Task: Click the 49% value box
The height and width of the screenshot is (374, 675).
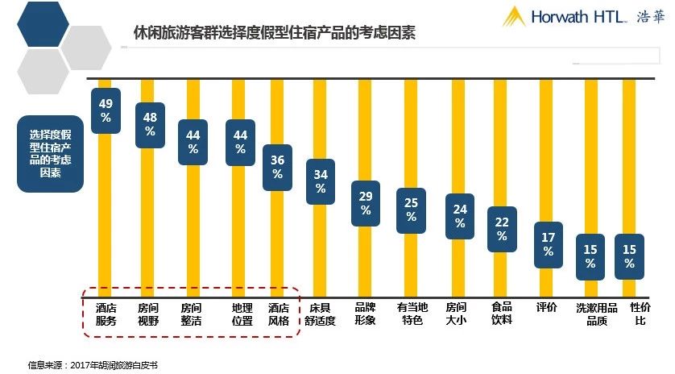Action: tap(106, 110)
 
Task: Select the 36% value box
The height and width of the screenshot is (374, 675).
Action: tap(278, 167)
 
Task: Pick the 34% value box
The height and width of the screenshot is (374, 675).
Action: tap(321, 181)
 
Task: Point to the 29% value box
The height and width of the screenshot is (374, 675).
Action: tap(366, 203)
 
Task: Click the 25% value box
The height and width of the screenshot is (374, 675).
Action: tap(411, 210)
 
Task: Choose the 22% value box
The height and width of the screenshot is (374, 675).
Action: tap(502, 229)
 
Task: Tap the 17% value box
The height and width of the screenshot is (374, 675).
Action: tap(549, 244)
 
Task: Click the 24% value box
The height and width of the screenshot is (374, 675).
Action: tap(460, 217)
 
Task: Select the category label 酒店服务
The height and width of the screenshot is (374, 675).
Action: tap(106, 314)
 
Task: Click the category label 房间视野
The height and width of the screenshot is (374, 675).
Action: tap(148, 314)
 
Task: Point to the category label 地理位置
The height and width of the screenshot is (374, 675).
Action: tap(241, 314)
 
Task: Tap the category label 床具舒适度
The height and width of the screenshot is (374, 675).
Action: tap(321, 314)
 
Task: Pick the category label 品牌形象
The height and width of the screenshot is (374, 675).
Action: tap(366, 314)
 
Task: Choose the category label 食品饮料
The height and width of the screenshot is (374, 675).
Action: tap(502, 314)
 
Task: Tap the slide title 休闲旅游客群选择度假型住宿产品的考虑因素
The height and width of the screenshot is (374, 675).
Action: tap(274, 34)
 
